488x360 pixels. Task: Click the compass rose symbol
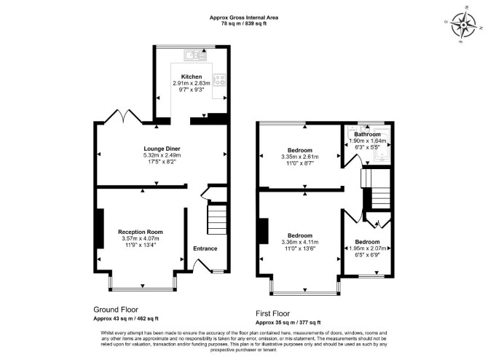tap(463, 24)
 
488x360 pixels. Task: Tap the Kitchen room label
tap(192, 77)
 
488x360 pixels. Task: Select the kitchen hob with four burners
tap(219, 79)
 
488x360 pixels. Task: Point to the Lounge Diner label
tap(162, 149)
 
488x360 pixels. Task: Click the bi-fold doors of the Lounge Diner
tap(123, 117)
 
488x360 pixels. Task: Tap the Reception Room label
tap(141, 232)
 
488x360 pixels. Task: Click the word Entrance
tap(205, 249)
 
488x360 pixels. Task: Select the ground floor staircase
tap(217, 219)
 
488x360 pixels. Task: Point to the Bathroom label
tap(367, 134)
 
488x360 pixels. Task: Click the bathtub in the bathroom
tap(382, 145)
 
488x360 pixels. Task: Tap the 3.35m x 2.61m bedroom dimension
tap(299, 157)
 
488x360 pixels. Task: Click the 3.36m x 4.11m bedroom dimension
tap(299, 242)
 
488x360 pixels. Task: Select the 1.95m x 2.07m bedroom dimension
tap(368, 249)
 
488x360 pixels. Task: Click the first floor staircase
tap(376, 189)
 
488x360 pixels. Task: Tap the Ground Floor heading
tap(116, 310)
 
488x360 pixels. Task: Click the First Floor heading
tap(272, 313)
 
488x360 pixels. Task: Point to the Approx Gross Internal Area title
tap(244, 17)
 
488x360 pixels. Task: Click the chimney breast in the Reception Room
tap(101, 228)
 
